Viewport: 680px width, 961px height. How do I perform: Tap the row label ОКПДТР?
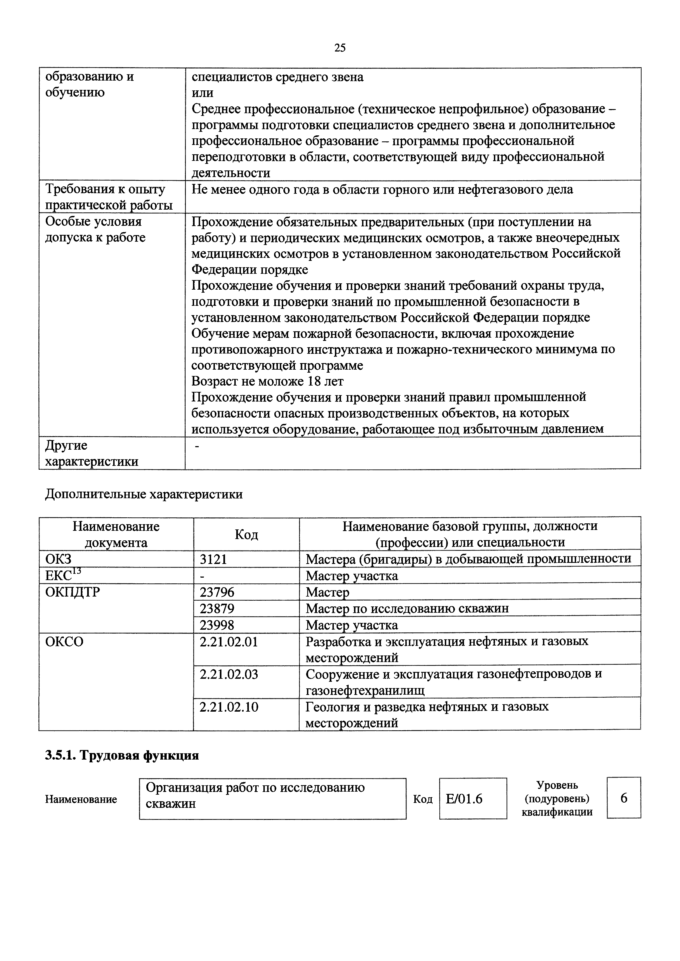(x=72, y=592)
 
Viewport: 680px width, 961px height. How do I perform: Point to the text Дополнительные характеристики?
(x=144, y=494)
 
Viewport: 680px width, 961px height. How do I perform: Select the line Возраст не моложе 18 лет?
(x=267, y=381)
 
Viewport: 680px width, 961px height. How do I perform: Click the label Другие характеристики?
(x=91, y=453)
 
